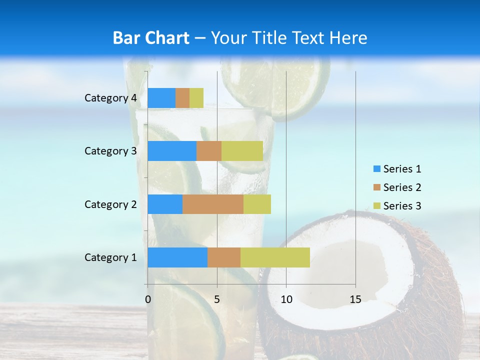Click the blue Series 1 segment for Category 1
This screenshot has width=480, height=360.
click(177, 257)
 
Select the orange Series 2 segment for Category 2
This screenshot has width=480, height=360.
click(212, 204)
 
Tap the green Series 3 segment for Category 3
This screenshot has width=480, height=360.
click(242, 151)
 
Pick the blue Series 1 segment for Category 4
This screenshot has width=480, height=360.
click(161, 98)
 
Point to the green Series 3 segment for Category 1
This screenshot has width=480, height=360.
click(275, 257)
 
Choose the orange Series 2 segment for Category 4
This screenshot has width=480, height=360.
click(182, 98)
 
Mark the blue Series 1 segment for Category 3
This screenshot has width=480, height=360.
click(171, 151)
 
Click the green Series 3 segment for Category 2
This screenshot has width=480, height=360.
click(257, 204)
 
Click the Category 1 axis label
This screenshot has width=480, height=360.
click(110, 257)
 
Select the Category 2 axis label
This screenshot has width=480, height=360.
click(110, 204)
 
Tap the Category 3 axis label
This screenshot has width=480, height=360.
click(110, 151)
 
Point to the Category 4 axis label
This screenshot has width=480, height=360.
click(110, 98)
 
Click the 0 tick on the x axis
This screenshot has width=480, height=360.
click(148, 299)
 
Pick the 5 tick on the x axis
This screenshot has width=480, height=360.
click(217, 299)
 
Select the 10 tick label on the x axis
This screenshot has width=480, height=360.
click(286, 299)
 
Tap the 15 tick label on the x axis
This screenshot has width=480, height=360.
click(355, 299)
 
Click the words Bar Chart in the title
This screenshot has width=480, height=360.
click(151, 38)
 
